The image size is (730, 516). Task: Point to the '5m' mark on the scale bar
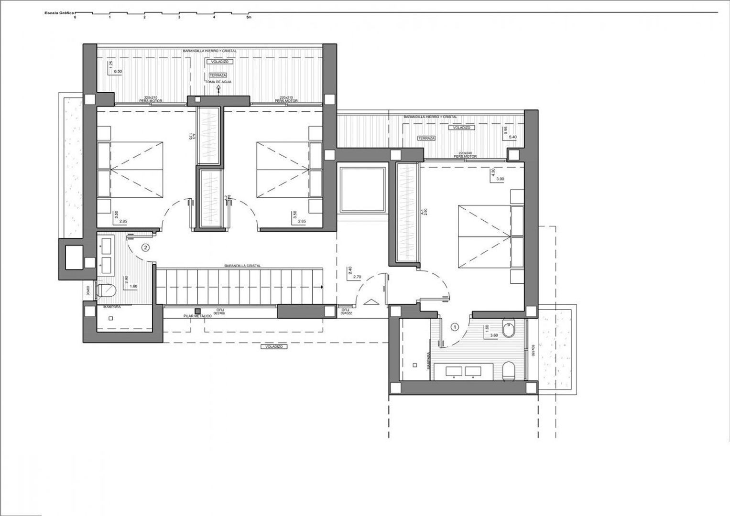click(248, 17)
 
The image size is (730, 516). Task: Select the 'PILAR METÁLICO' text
click(198, 316)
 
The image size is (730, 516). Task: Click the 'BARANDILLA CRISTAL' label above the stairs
click(242, 266)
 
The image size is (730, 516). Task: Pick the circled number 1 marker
click(455, 327)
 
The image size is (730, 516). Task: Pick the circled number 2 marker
click(146, 247)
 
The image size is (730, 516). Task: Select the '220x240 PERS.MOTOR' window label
click(466, 155)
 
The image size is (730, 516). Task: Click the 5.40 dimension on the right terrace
click(513, 137)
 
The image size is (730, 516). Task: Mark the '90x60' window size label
click(88, 292)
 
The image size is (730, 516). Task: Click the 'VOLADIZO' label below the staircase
click(274, 347)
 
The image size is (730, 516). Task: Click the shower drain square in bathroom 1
click(415, 365)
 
